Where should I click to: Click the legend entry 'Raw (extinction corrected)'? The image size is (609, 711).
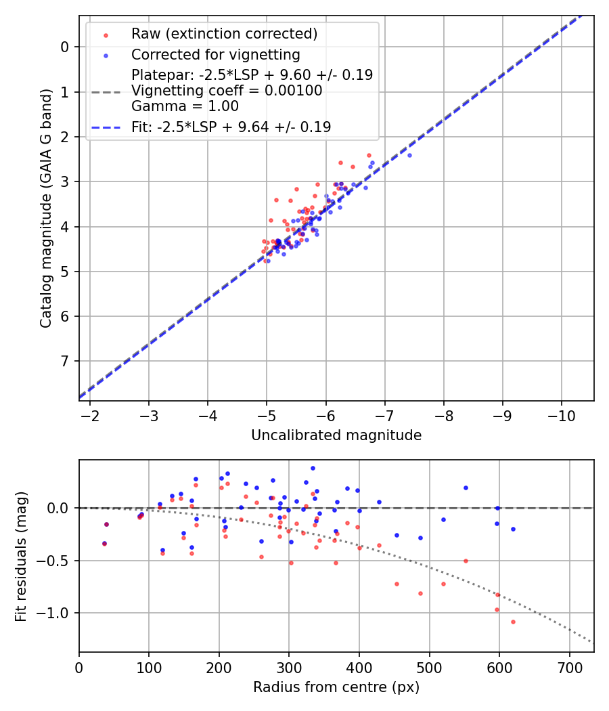224,34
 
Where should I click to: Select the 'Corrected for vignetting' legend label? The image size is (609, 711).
216,54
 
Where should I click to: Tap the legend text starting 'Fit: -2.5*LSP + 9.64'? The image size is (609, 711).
231,127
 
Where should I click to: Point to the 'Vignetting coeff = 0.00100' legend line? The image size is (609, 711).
227,91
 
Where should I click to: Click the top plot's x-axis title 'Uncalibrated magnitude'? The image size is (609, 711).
336,435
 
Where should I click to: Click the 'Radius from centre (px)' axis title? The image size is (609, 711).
336,687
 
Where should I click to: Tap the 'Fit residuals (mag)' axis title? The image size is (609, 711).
21,556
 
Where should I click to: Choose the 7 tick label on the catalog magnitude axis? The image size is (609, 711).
65,361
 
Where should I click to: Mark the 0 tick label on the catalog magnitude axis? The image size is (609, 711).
65,47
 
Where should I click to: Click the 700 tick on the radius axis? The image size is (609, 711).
569,666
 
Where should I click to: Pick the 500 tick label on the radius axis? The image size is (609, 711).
429,666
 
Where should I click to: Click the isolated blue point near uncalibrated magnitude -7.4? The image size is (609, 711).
409,155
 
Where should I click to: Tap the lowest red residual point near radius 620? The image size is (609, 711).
513,622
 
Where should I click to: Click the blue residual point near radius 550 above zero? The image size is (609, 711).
466,488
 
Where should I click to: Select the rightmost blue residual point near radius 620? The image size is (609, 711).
513,529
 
